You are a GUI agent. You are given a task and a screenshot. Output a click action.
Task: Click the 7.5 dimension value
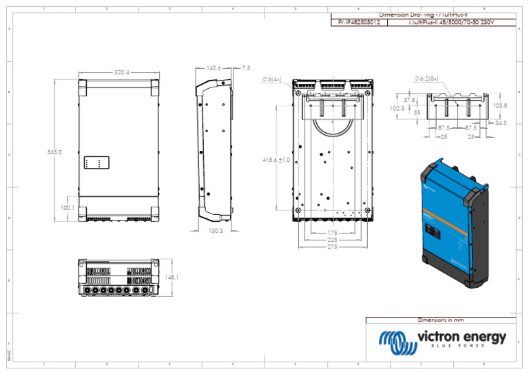(x=247, y=68)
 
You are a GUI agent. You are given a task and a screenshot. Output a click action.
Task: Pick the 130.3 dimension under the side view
(x=216, y=231)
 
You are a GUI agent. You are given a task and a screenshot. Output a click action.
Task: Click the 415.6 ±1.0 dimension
(x=277, y=160)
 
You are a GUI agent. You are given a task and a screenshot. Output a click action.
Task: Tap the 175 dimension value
(x=333, y=233)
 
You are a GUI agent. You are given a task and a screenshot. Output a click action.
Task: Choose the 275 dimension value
(x=333, y=247)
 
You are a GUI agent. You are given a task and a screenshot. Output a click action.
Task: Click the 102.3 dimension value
(x=397, y=108)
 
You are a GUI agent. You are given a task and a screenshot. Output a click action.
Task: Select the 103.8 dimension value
(x=500, y=105)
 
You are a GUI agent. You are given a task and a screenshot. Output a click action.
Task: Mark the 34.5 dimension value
(x=500, y=123)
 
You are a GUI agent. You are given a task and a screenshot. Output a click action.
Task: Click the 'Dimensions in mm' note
(x=441, y=320)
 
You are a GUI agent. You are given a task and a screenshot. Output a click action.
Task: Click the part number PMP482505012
(x=359, y=23)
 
